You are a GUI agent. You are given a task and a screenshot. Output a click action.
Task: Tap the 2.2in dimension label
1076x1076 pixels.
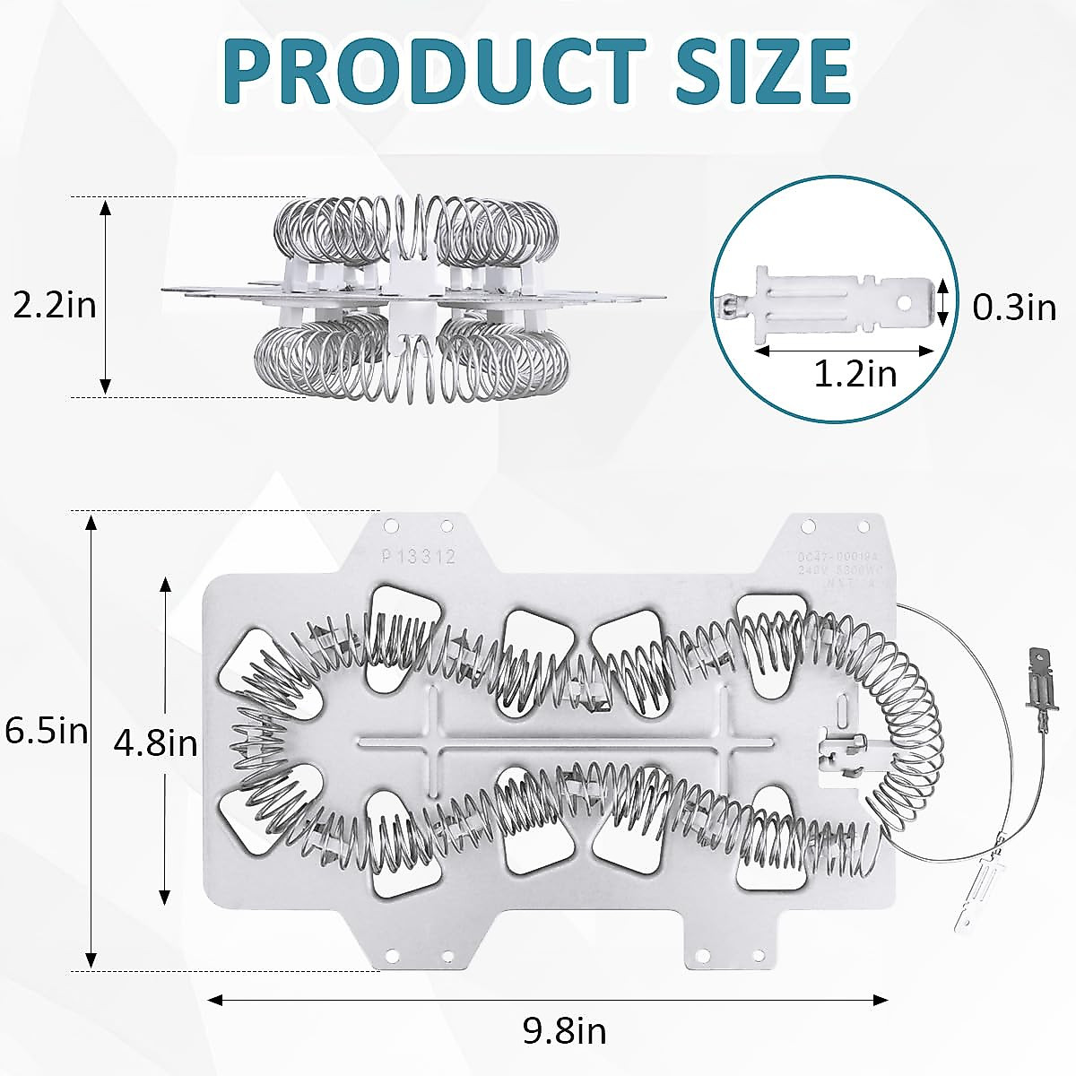pos(54,306)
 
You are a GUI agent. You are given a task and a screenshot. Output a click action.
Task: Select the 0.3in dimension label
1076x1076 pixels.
pos(1014,308)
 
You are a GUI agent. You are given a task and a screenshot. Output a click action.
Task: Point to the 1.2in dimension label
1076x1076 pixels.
pos(855,373)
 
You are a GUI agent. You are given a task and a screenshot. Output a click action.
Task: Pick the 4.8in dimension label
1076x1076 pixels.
pos(156,742)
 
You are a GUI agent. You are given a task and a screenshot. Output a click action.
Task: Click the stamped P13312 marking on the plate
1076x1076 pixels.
pos(419,557)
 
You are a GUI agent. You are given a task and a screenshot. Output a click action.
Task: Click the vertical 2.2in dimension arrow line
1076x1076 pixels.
pos(106,297)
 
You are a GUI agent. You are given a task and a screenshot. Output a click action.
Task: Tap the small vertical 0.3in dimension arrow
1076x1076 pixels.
pos(943,300)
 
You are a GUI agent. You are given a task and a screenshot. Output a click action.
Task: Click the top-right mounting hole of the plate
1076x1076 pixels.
pos(863,526)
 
